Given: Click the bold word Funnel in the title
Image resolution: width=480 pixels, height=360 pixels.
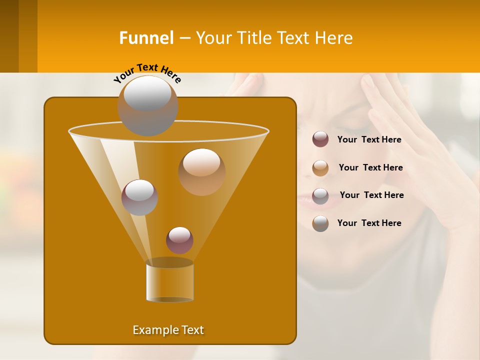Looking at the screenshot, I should click(x=146, y=38).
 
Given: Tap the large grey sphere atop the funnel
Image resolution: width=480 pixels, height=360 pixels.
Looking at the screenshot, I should click(x=147, y=105).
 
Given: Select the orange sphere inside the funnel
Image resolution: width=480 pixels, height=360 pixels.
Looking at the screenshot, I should click(x=201, y=171).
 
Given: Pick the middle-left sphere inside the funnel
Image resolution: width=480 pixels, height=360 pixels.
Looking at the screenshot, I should click(x=139, y=197).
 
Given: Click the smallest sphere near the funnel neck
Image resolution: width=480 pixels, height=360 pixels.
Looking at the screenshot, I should click(x=179, y=240).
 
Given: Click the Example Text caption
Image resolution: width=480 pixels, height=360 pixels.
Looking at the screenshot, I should click(x=168, y=330).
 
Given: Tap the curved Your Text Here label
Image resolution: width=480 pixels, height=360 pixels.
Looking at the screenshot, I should click(x=147, y=72).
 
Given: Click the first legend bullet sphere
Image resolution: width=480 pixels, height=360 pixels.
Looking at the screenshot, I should click(x=320, y=139).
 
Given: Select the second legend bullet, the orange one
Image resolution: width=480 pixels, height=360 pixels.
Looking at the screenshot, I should click(x=320, y=168).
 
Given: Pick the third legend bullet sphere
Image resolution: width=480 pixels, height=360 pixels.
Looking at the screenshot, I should click(x=320, y=196).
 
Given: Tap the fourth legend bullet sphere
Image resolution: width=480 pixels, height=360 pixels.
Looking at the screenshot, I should click(x=320, y=223).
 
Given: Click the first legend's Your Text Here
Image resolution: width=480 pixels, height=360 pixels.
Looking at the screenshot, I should click(x=369, y=140).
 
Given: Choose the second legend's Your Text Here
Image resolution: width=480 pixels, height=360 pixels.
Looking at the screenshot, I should click(x=370, y=168).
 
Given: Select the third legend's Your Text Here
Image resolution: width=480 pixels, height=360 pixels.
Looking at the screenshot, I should click(x=371, y=195).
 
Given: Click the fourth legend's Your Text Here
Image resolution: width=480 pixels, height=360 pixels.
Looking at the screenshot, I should click(x=369, y=223).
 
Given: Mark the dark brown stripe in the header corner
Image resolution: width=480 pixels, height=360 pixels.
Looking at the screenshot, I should click(x=9, y=36).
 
